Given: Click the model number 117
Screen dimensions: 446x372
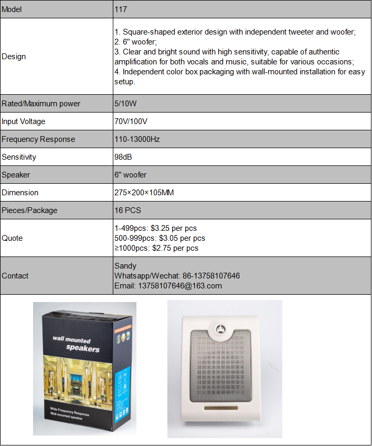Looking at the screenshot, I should click(x=121, y=9).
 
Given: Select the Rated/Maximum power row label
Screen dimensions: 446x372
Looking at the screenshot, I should click(x=41, y=104).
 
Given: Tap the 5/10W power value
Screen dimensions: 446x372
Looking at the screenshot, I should click(x=125, y=104).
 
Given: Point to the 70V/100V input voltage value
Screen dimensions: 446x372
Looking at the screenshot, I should click(x=131, y=121).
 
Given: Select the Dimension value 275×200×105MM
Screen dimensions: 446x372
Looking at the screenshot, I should click(x=144, y=193).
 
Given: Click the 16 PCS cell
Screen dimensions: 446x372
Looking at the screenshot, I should click(x=127, y=210).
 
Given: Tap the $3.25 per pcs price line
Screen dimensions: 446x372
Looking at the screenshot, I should click(x=155, y=228).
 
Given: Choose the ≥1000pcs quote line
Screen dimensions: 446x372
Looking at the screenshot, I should click(x=156, y=248).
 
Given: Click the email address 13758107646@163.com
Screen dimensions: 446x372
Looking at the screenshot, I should click(x=168, y=286).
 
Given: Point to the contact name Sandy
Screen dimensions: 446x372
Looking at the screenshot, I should click(x=125, y=266).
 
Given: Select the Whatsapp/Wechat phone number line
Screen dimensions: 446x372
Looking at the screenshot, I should click(x=177, y=276).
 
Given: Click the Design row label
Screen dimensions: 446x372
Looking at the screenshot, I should click(x=14, y=57).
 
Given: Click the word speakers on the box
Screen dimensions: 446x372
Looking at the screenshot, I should click(x=82, y=349).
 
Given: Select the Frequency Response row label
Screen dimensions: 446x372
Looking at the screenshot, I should click(x=38, y=139).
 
